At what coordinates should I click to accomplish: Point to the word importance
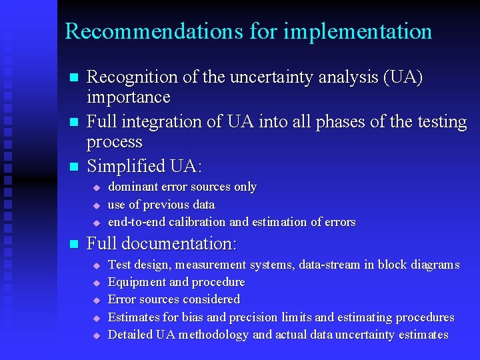click(129, 97)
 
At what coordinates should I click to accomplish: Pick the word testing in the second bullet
click(438, 122)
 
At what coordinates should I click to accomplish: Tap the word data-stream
click(329, 265)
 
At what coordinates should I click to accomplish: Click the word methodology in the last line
click(213, 335)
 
